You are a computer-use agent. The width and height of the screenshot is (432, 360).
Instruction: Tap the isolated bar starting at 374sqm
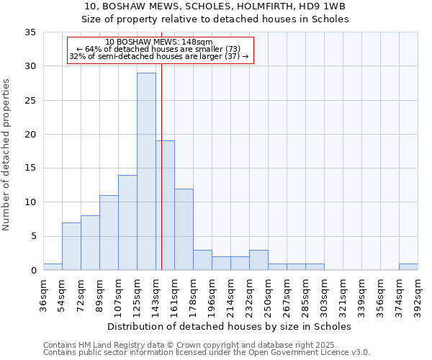(x=408, y=267)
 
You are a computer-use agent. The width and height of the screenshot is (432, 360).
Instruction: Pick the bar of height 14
(x=127, y=222)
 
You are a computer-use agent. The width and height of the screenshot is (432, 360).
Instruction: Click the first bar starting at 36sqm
(x=53, y=267)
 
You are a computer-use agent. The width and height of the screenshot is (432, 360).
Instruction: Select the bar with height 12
(x=184, y=229)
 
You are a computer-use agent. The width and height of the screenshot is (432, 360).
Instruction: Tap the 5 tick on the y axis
(x=33, y=236)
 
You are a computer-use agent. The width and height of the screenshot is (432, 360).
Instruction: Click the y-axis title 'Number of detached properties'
(x=7, y=155)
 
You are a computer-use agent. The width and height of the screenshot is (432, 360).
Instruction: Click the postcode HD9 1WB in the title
(x=325, y=6)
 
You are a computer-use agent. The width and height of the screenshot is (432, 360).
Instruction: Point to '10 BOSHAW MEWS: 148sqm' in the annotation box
(x=158, y=42)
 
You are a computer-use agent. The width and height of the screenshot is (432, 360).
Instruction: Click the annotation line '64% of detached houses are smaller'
(x=158, y=49)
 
